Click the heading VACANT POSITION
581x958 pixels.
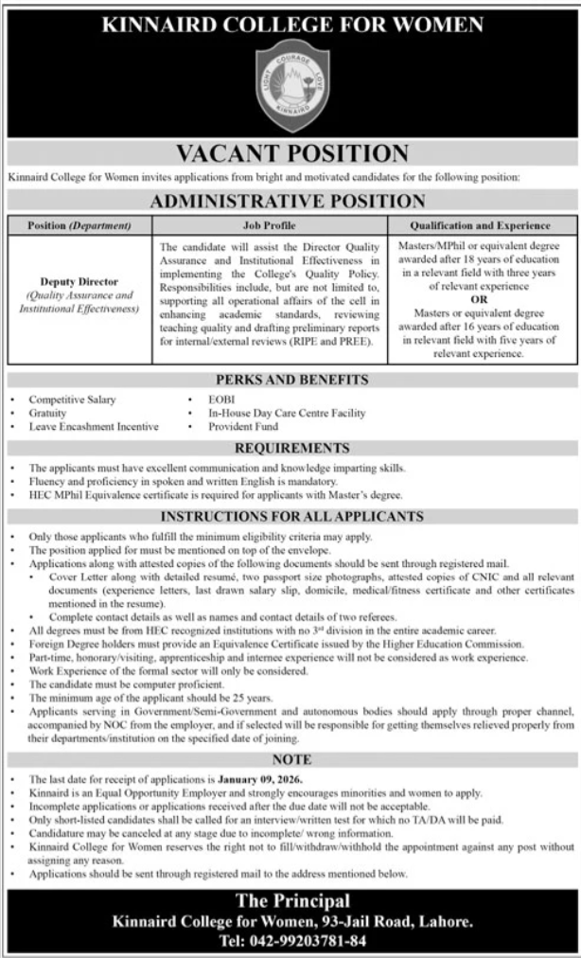point(290,153)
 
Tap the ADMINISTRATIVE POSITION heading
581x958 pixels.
point(290,201)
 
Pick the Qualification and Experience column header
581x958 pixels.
point(480,226)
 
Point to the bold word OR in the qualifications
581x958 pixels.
point(479,296)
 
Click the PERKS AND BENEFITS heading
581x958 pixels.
point(290,381)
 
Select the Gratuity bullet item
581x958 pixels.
point(47,414)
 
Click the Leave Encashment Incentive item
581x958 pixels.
point(93,427)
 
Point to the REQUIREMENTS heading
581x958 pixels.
point(290,449)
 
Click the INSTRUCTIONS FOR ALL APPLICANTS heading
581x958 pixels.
point(290,518)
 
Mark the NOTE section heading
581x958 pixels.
point(290,760)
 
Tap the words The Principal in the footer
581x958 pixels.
point(290,899)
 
